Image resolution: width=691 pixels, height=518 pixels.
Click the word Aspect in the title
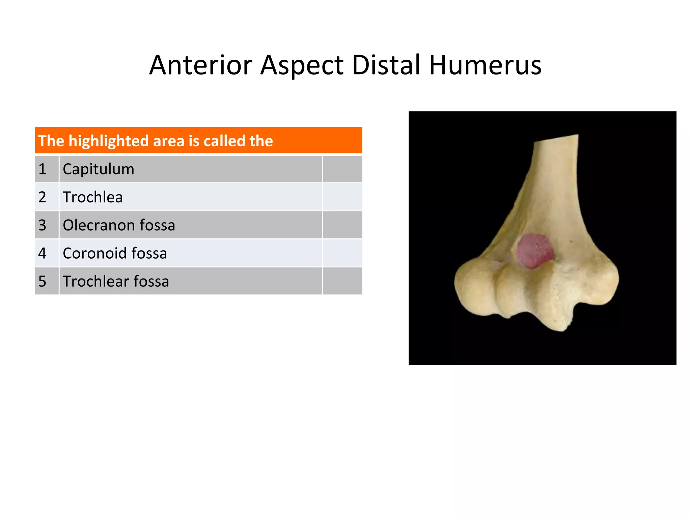(x=302, y=66)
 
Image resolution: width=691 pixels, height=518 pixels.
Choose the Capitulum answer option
(x=99, y=169)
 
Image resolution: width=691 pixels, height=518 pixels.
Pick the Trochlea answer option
(x=93, y=197)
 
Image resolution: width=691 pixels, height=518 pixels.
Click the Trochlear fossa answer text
(x=116, y=281)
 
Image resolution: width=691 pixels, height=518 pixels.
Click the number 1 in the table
(x=42, y=169)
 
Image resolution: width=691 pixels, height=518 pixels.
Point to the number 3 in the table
(x=42, y=225)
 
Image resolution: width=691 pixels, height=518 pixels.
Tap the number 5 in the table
(x=42, y=281)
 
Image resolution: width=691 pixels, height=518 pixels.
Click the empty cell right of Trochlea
(x=342, y=197)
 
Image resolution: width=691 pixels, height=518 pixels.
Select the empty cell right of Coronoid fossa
(x=342, y=253)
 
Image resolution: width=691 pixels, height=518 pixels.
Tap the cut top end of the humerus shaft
(x=556, y=139)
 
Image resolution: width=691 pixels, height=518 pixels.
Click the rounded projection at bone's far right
(x=602, y=282)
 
